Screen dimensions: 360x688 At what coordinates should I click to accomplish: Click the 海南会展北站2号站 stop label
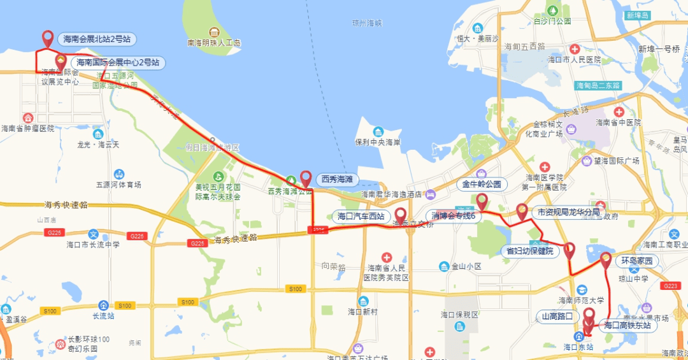click(97, 39)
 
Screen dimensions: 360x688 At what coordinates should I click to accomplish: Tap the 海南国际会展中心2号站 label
click(118, 62)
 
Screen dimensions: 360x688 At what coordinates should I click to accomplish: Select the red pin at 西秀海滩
click(306, 178)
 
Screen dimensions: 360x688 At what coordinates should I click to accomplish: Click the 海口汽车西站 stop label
click(361, 216)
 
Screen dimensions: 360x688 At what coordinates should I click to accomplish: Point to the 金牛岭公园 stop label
click(482, 185)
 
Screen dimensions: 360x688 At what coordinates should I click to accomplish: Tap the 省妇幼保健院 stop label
click(529, 251)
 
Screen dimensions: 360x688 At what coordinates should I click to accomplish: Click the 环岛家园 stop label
click(636, 261)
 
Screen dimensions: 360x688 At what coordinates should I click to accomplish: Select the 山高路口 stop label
click(557, 316)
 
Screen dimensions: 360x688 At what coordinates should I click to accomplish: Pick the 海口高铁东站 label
click(627, 325)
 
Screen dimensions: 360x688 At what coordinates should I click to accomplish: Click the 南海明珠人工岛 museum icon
click(213, 32)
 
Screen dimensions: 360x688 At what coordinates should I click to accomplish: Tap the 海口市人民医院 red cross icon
click(575, 49)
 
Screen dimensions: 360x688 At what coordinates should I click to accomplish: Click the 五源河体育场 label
click(118, 185)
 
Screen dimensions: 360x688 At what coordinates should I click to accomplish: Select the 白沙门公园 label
click(552, 20)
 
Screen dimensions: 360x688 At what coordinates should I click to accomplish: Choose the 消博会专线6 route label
click(455, 215)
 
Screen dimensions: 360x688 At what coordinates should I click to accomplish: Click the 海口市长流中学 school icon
click(93, 234)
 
